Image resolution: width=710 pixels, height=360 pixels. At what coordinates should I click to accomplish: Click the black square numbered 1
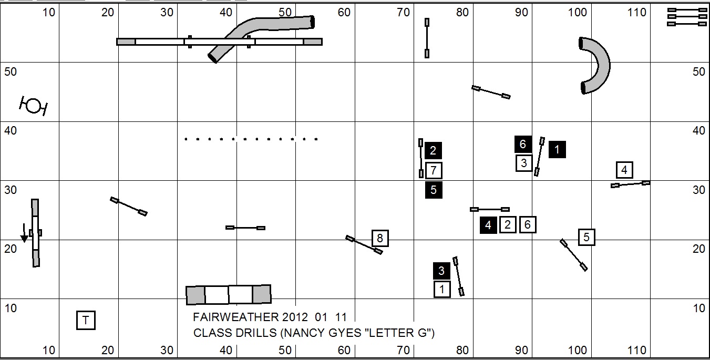pyautogui.click(x=557, y=150)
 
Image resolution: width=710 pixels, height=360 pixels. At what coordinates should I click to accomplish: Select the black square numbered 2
pyautogui.click(x=433, y=151)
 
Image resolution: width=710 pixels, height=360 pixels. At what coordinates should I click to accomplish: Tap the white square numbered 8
pyautogui.click(x=380, y=239)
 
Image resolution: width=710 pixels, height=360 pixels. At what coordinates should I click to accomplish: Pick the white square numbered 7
pyautogui.click(x=433, y=170)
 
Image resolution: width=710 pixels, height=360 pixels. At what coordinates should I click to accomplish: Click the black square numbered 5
pyautogui.click(x=434, y=190)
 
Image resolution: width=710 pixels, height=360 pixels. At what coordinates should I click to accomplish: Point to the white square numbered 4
pyautogui.click(x=624, y=170)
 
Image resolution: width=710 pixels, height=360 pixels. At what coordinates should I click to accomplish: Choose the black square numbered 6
pyautogui.click(x=522, y=144)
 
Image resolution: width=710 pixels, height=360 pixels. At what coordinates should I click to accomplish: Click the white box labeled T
pyautogui.click(x=86, y=320)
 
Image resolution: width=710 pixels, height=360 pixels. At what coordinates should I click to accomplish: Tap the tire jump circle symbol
pyautogui.click(x=34, y=106)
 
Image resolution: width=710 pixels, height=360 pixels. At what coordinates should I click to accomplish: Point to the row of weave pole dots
pyautogui.click(x=251, y=139)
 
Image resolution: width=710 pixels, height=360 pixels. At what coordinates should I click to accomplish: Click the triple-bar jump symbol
pyautogui.click(x=687, y=17)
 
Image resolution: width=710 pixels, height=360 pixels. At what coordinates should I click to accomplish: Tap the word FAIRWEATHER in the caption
pyautogui.click(x=236, y=317)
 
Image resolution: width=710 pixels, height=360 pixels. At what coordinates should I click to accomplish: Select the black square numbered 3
pyautogui.click(x=441, y=271)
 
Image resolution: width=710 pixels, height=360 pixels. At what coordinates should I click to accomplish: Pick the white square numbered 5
pyautogui.click(x=586, y=237)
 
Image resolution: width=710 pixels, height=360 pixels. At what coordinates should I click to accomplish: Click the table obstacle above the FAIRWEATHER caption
pyautogui.click(x=229, y=295)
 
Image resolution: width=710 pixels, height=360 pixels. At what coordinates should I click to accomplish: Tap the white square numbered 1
pyautogui.click(x=442, y=289)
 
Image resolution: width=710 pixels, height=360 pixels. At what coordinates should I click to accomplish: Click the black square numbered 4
pyautogui.click(x=488, y=225)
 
